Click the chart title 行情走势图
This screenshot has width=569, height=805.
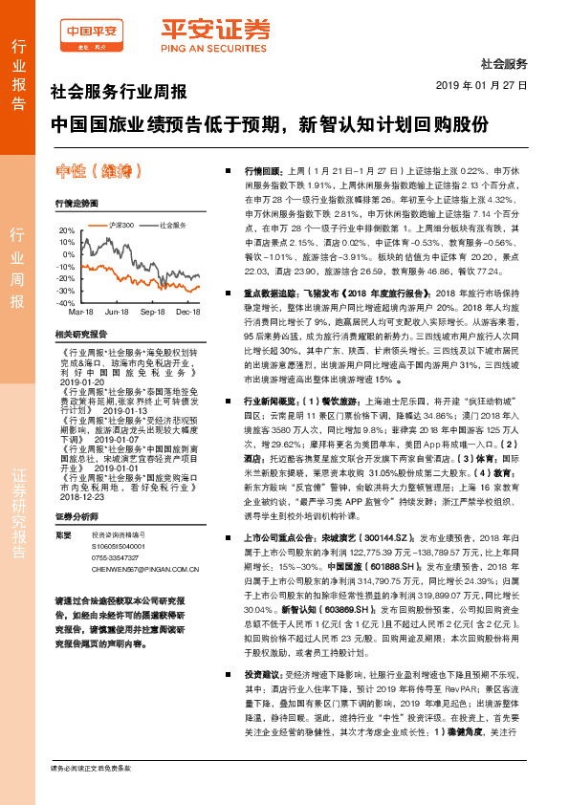(x=77, y=205)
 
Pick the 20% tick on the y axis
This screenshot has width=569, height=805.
(x=65, y=230)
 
